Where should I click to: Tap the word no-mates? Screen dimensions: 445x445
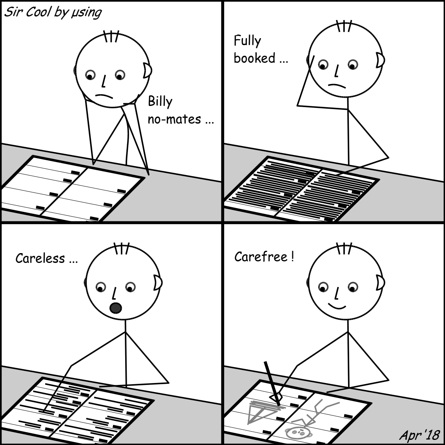click(x=175, y=119)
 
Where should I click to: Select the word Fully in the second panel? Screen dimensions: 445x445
click(x=247, y=41)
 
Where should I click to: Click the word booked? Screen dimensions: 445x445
click(x=255, y=58)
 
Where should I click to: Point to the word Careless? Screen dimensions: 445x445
click(x=40, y=259)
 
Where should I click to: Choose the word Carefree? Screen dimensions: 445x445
click(x=261, y=257)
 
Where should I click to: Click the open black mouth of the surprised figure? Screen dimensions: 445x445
click(x=115, y=308)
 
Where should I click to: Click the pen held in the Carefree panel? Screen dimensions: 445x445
click(x=272, y=383)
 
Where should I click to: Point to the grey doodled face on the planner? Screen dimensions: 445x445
click(x=299, y=432)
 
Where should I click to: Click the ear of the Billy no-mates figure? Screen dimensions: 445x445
click(x=147, y=70)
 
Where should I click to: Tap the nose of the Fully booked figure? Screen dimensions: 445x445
click(x=337, y=71)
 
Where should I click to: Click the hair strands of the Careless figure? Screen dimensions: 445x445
click(x=122, y=249)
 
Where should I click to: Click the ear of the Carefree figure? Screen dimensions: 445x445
click(x=380, y=283)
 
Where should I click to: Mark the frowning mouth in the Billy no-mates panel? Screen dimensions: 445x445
click(x=104, y=96)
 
